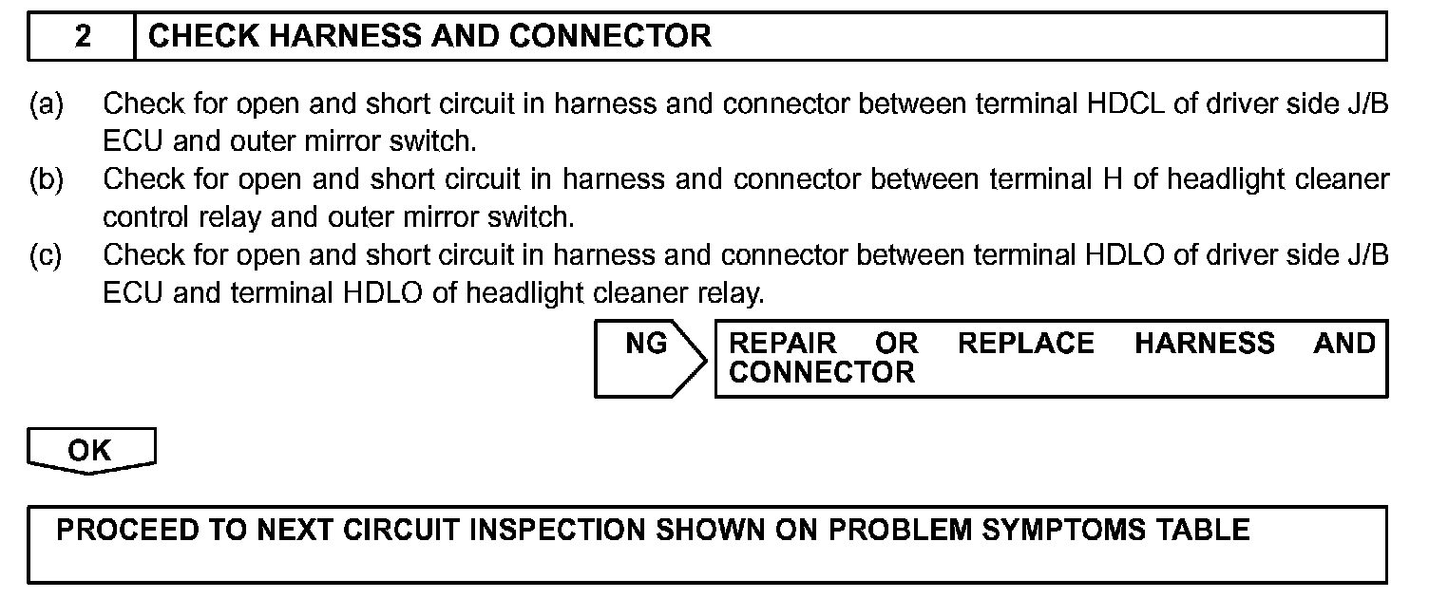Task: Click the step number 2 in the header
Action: [84, 37]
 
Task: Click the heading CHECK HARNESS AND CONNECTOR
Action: [430, 37]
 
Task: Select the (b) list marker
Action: [46, 178]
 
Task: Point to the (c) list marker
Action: [46, 254]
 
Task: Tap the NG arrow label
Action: [647, 344]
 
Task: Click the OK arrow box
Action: [89, 451]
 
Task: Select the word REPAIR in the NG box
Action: [783, 344]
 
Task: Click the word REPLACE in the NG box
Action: [1026, 344]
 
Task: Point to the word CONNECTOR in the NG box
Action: [822, 372]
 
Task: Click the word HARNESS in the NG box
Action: [1205, 344]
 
